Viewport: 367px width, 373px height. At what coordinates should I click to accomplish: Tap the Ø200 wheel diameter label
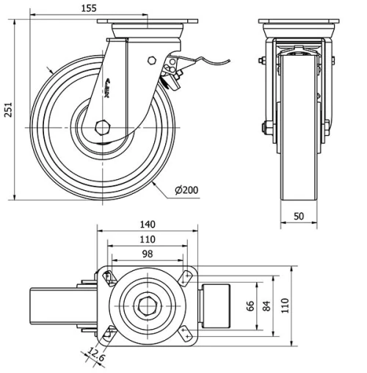187,191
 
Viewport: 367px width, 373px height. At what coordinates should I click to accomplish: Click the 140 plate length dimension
147,225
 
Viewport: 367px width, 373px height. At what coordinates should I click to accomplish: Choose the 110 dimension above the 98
147,239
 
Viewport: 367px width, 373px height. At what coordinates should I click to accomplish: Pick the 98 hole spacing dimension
147,253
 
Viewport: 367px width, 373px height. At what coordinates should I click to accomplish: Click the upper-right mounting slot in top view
185,277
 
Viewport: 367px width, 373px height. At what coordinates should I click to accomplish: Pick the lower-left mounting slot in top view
109,331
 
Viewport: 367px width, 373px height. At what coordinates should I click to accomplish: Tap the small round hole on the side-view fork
151,61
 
